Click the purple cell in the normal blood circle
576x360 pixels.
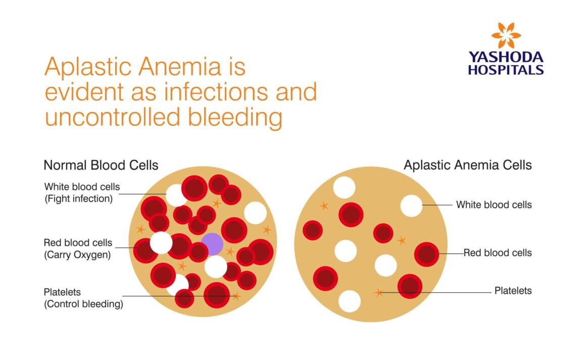[x=212, y=244]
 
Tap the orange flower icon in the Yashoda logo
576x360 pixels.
[x=506, y=35]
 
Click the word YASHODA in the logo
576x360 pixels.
[x=506, y=57]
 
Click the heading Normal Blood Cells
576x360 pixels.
[x=101, y=165]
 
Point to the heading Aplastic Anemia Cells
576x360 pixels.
[x=467, y=165]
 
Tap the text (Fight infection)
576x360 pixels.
[x=78, y=198]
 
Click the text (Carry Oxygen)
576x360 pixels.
[x=77, y=255]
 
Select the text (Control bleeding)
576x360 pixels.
[x=83, y=304]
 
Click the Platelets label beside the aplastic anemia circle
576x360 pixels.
[x=513, y=291]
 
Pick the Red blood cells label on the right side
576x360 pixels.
[x=498, y=252]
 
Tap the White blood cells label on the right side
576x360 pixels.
[x=494, y=204]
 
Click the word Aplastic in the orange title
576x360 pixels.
[x=88, y=67]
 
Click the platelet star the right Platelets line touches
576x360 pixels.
[x=378, y=292]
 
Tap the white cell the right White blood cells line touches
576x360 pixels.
[x=411, y=205]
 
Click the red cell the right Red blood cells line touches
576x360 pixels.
[x=426, y=254]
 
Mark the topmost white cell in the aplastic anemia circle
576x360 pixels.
[x=344, y=187]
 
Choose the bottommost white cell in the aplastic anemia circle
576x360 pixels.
[x=350, y=301]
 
